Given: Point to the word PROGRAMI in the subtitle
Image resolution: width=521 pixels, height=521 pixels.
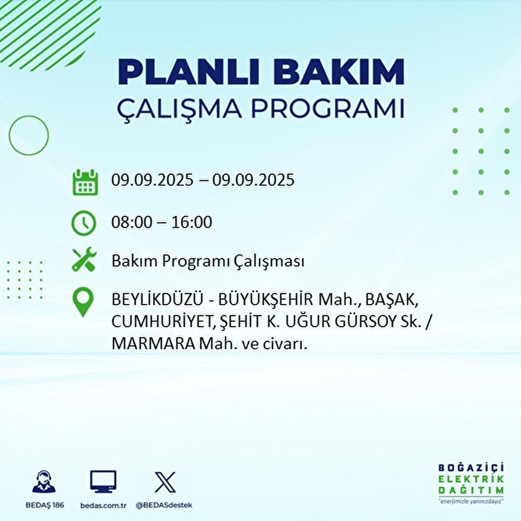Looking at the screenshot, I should (x=328, y=109).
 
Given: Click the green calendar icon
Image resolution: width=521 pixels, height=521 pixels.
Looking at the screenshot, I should (x=84, y=182).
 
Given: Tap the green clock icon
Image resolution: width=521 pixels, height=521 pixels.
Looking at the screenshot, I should (x=83, y=223).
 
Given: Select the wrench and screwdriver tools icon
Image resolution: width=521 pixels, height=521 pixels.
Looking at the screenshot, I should (x=84, y=260).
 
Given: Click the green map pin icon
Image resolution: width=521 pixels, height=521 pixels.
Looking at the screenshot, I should (x=82, y=302).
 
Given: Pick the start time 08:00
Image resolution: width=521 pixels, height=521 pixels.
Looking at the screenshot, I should (x=132, y=222).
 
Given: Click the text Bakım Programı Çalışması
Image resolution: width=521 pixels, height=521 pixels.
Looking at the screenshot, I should (x=208, y=261).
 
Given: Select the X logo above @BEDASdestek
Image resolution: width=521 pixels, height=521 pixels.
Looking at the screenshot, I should (x=165, y=482).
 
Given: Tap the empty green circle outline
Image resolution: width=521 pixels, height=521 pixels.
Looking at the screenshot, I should (x=29, y=135).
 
